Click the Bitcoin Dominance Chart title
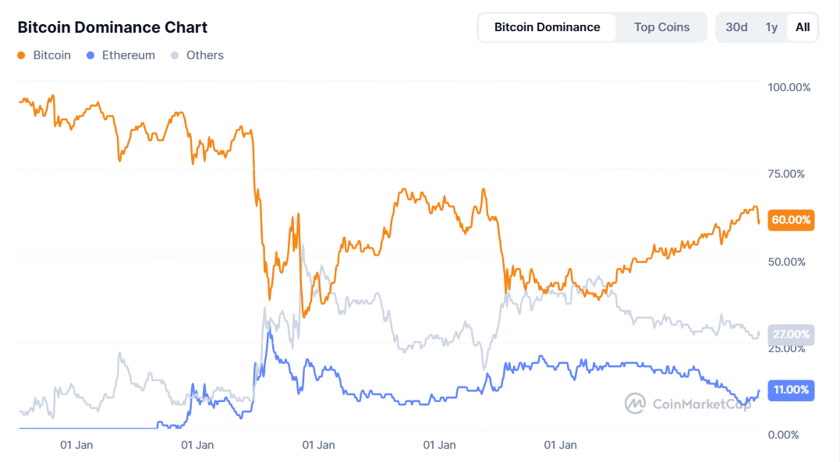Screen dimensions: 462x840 pyautogui.click(x=112, y=27)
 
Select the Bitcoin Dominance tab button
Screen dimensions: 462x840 pyautogui.click(x=547, y=27)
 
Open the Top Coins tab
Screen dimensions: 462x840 pyautogui.click(x=661, y=27)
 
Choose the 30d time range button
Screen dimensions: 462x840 pyautogui.click(x=736, y=27)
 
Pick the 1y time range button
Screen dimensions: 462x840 pyautogui.click(x=771, y=27)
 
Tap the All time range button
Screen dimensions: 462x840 pyautogui.click(x=803, y=27)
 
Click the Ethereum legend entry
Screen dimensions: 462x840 pyautogui.click(x=127, y=55)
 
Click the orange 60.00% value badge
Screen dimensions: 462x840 pyautogui.click(x=791, y=220)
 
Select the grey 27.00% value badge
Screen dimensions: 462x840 pyautogui.click(x=791, y=334)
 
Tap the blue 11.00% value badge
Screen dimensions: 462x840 pyautogui.click(x=791, y=390)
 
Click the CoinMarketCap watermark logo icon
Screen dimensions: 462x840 pyautogui.click(x=635, y=403)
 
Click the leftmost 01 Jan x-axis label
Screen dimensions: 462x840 pyautogui.click(x=77, y=446)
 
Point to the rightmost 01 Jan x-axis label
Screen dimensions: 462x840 pyautogui.click(x=560, y=446)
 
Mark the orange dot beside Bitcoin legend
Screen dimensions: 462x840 pyautogui.click(x=21, y=55)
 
